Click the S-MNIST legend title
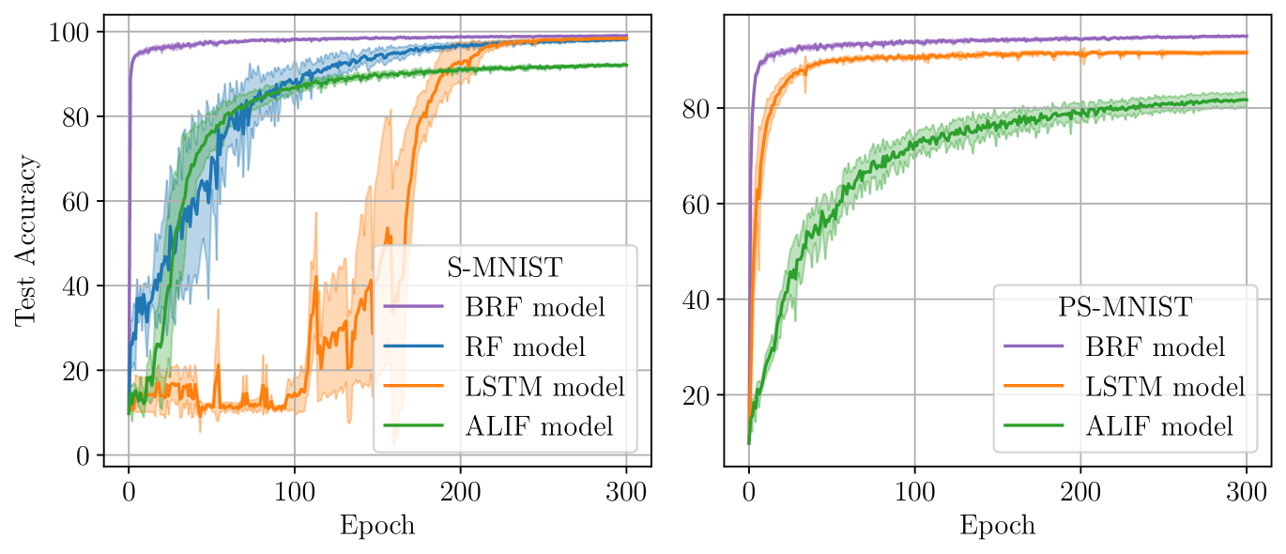click(x=503, y=268)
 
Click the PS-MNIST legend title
click(x=1125, y=307)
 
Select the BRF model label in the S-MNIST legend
click(x=534, y=307)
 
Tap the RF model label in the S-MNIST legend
click(x=525, y=346)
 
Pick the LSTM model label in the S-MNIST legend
click(x=544, y=386)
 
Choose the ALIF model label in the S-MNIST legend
click(x=539, y=426)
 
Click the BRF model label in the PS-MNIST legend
click(x=1155, y=346)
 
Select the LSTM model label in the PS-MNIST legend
click(x=1165, y=386)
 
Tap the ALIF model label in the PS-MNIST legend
click(x=1159, y=426)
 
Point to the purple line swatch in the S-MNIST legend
click(x=413, y=307)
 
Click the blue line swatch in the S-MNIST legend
click(x=413, y=346)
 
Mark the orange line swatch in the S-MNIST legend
click(x=413, y=386)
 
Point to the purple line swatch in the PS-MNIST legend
click(x=1033, y=346)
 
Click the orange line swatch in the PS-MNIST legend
click(x=1033, y=386)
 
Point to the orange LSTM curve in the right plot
click(x=939, y=56)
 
